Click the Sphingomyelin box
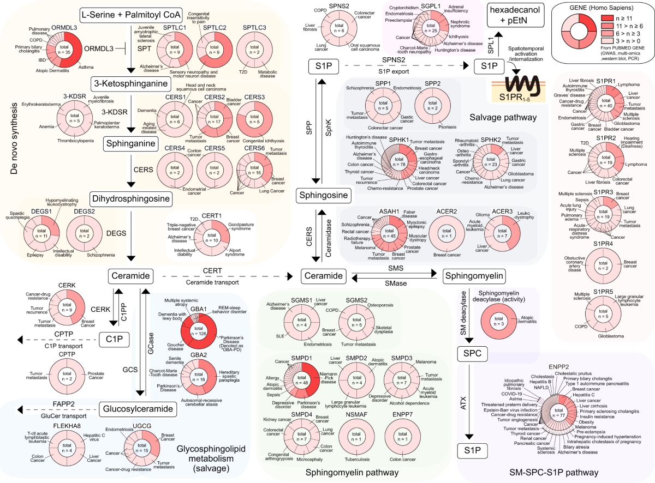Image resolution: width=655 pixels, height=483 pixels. (x=473, y=276)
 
